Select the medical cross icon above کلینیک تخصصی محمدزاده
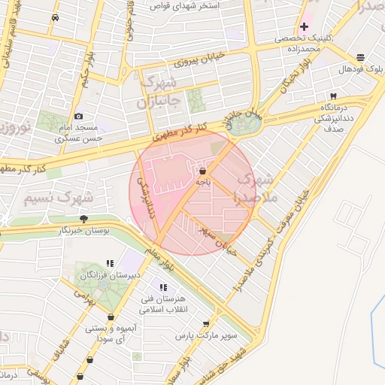click(305, 27)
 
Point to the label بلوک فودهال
click(360, 69)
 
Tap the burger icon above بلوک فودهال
click(361, 57)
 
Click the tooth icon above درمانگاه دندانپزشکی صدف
click(332, 96)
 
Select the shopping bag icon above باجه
click(203, 171)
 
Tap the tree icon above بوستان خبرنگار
click(83, 219)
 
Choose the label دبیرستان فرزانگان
click(109, 276)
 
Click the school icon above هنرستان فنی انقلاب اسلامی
click(162, 286)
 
